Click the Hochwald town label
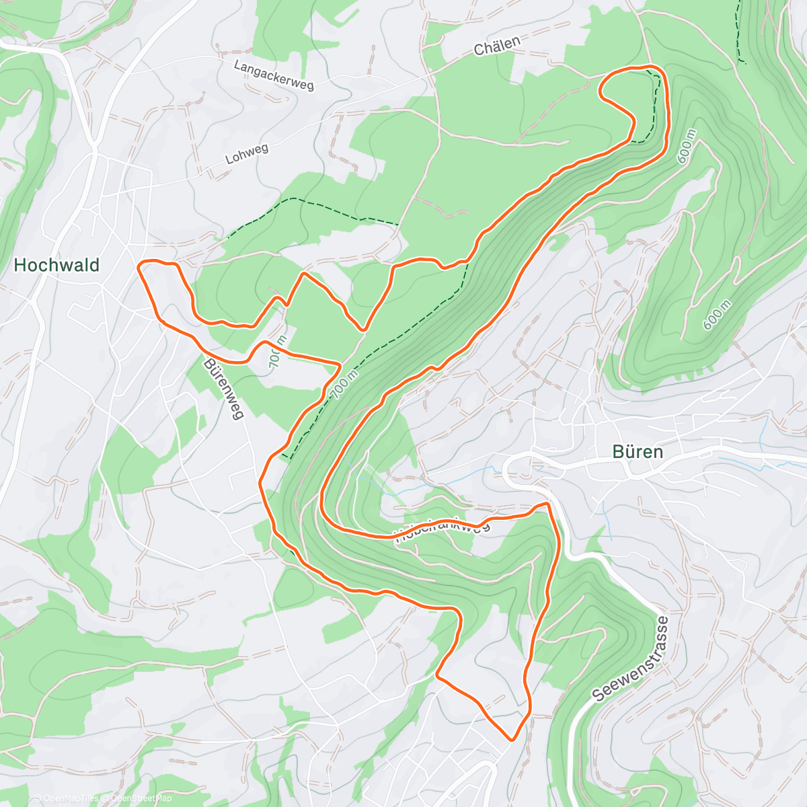56,265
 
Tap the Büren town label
638,452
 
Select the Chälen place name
497,46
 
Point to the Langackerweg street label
274,75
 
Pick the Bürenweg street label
223,389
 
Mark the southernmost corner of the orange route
513,739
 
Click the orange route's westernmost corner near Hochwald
139,266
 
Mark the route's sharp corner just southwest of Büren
548,504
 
